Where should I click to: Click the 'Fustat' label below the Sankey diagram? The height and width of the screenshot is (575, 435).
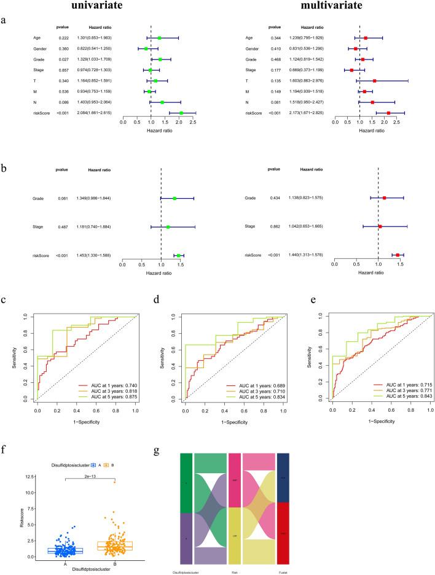pos(288,568)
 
